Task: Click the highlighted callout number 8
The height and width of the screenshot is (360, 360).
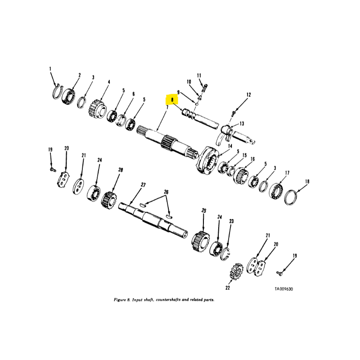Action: pyautogui.click(x=172, y=100)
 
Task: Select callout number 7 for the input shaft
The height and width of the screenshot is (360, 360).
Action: pyautogui.click(x=167, y=107)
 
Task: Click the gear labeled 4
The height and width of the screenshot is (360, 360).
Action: pyautogui.click(x=97, y=109)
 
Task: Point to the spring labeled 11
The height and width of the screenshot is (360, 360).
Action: pyautogui.click(x=205, y=88)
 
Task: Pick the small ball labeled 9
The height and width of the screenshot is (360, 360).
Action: pyautogui.click(x=197, y=104)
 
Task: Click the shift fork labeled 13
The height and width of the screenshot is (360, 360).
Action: pyautogui.click(x=224, y=135)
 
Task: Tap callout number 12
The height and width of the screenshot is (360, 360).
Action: pyautogui.click(x=249, y=94)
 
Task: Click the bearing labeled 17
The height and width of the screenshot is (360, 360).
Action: pyautogui.click(x=276, y=191)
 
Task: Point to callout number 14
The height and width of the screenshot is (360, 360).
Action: pyautogui.click(x=230, y=146)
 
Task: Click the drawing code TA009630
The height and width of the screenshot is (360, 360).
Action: pyautogui.click(x=284, y=289)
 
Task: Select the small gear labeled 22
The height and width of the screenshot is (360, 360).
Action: pyautogui.click(x=236, y=271)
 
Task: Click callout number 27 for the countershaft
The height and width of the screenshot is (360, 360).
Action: pyautogui.click(x=143, y=184)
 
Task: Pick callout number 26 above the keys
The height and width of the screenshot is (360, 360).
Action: pyautogui.click(x=166, y=192)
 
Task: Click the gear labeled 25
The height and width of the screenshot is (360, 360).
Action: pyautogui.click(x=201, y=242)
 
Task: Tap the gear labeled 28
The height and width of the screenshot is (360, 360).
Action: pyautogui.click(x=109, y=200)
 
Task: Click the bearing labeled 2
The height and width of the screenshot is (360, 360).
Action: pyautogui.click(x=68, y=96)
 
